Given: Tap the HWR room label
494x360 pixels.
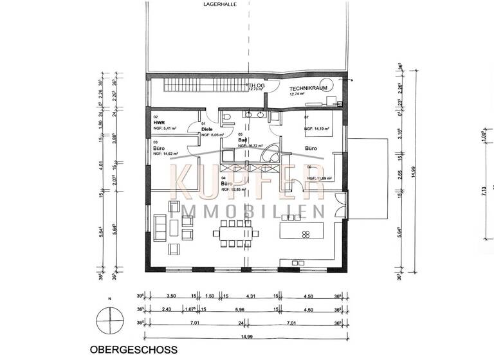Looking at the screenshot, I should point(158,122).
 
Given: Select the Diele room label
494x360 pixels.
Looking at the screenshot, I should point(207,129).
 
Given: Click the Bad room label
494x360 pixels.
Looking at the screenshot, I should point(242,139).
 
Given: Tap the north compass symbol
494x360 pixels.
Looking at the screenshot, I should point(107,319).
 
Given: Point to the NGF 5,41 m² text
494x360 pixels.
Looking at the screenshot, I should point(165,129).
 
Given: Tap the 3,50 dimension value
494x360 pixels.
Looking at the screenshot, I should point(172,297).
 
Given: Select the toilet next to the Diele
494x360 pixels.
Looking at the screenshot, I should point(229,117).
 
